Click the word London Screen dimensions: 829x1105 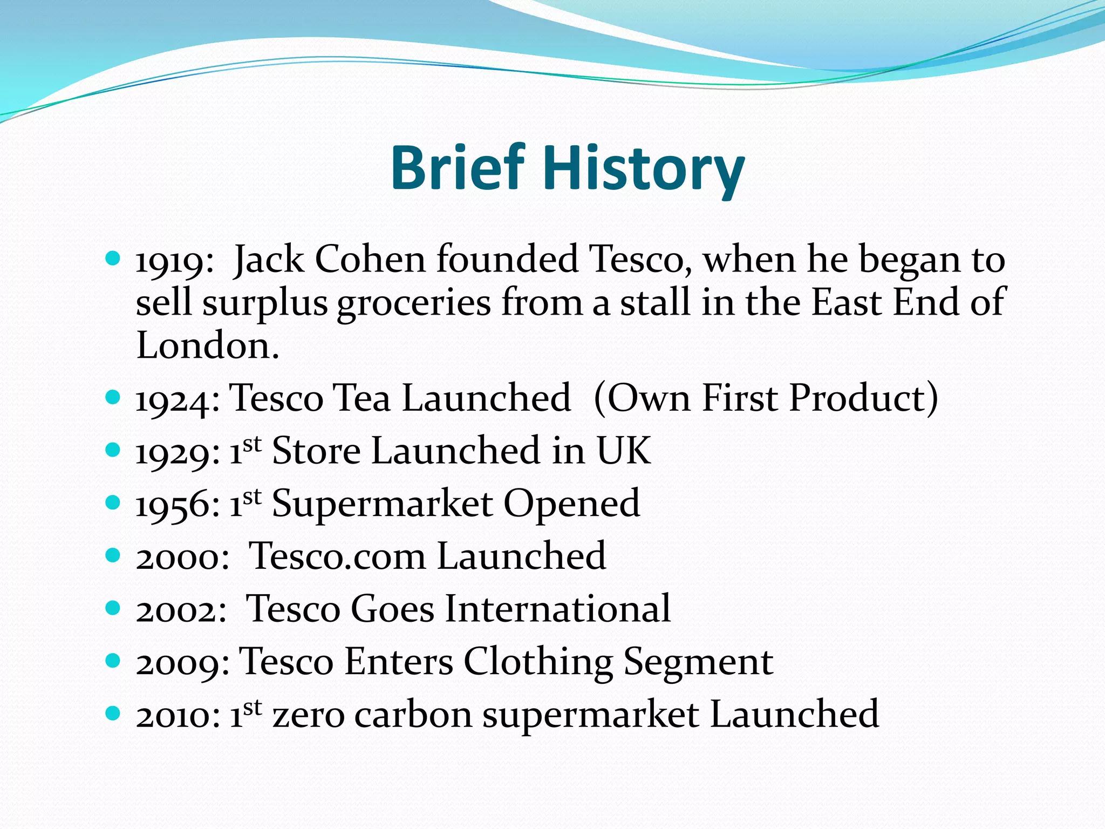point(208,345)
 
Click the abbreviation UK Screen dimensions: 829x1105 point(623,451)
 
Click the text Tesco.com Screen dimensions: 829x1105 point(337,556)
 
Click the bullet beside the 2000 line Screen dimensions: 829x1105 point(112,555)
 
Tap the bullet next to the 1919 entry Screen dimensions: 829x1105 point(112,259)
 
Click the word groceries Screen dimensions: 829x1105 point(414,304)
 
